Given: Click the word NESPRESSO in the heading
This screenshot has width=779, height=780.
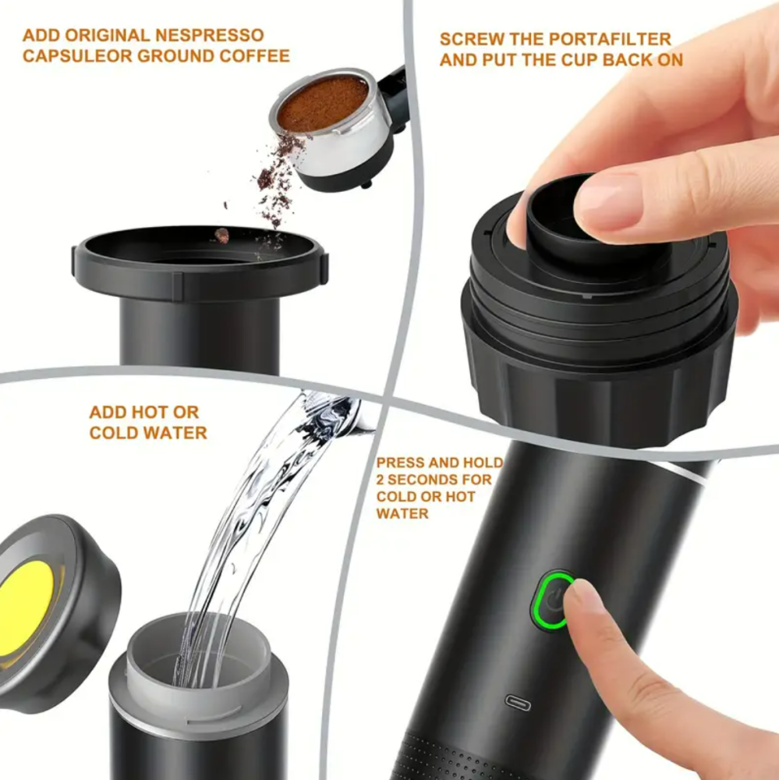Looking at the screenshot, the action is [210, 35].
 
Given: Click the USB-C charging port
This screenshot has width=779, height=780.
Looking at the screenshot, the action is [518, 703].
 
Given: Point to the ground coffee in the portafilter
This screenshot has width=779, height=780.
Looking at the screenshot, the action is [323, 103].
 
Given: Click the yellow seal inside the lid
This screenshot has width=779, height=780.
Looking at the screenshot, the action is [26, 608].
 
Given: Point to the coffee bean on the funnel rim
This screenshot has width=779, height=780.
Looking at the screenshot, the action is [221, 235].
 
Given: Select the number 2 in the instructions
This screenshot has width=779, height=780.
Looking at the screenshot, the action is [381, 480].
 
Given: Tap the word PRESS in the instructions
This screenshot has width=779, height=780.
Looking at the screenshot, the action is [400, 463].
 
